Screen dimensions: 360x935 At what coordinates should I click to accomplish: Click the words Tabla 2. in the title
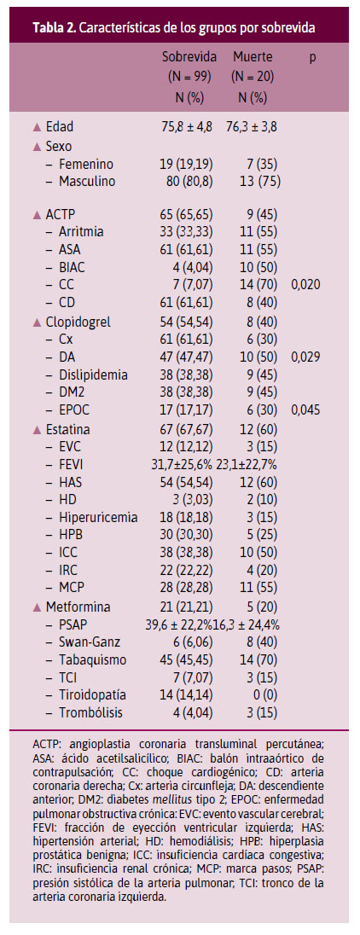54,28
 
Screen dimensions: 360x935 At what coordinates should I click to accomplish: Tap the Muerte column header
253,57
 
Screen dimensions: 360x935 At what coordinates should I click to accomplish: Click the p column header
311,58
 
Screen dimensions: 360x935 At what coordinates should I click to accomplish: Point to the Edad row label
59,126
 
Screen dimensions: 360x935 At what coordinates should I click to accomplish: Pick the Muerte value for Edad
252,126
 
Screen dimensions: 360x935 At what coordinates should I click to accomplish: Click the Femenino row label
86,164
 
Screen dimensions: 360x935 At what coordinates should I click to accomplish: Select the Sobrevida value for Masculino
189,181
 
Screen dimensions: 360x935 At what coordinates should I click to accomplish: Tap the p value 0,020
305,284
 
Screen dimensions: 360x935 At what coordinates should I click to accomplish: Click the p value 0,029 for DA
305,357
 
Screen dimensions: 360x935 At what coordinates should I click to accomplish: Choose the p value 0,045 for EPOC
305,411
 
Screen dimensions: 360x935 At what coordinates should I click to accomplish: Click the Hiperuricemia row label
98,518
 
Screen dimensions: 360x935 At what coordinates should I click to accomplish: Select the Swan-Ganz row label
89,642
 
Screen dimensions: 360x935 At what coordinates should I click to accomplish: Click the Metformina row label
78,607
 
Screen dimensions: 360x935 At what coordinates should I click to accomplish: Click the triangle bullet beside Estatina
38,429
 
